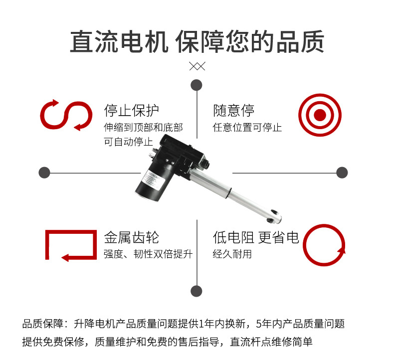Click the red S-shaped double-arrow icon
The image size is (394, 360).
[x=66, y=116]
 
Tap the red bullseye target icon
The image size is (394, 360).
[x=320, y=115]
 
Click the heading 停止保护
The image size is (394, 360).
[x=132, y=110]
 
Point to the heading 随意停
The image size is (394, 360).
[x=234, y=110]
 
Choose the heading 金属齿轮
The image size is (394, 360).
[x=132, y=237]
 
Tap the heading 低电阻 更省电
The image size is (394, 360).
[x=256, y=237]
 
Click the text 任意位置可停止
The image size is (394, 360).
[x=247, y=127]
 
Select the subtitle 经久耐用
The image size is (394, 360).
[x=232, y=254]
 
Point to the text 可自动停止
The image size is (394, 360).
[x=128, y=142]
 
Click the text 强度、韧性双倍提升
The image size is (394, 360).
[x=148, y=254]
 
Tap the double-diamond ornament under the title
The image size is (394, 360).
[x=197, y=66]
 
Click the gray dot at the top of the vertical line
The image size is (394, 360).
[x=197, y=85]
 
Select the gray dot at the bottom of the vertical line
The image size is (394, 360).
[x=197, y=291]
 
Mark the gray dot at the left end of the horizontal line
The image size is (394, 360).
[x=44, y=173]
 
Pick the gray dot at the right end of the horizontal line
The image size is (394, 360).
[x=342, y=173]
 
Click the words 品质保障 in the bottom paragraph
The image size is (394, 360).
[x=43, y=324]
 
